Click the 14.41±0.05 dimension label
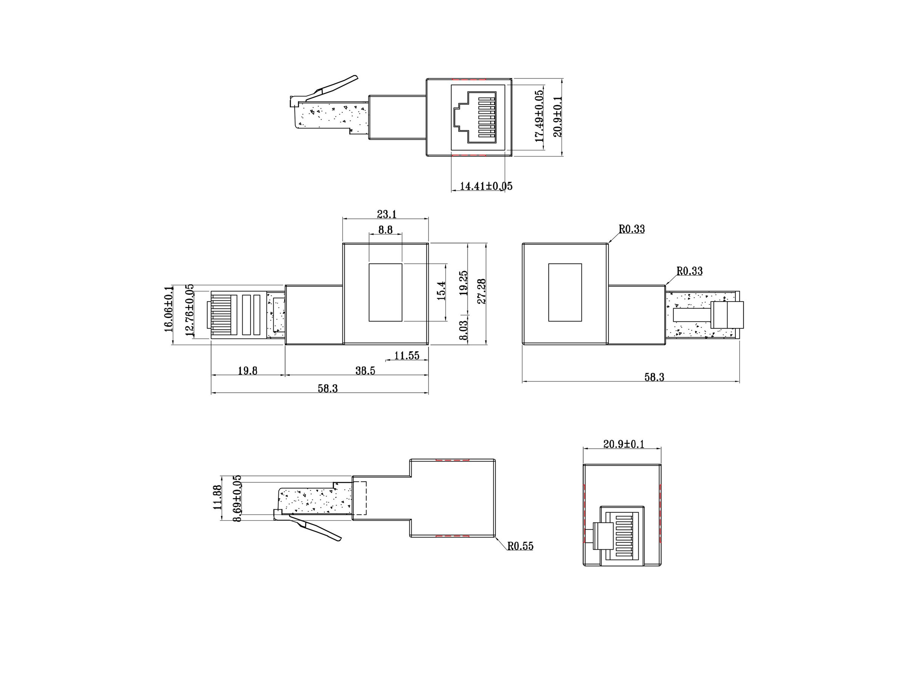(486, 186)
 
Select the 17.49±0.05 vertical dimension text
(539, 116)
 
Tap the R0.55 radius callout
(520, 546)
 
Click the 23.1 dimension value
(387, 214)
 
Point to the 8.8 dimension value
(385, 230)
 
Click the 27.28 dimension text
(482, 291)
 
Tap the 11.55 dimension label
(407, 355)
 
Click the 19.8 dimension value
(248, 371)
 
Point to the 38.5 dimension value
(365, 371)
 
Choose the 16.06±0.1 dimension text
(169, 315)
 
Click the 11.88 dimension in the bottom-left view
(217, 497)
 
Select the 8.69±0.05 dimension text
(237, 498)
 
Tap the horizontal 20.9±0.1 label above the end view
(624, 444)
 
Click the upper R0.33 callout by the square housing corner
(631, 229)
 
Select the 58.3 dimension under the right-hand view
(654, 377)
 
